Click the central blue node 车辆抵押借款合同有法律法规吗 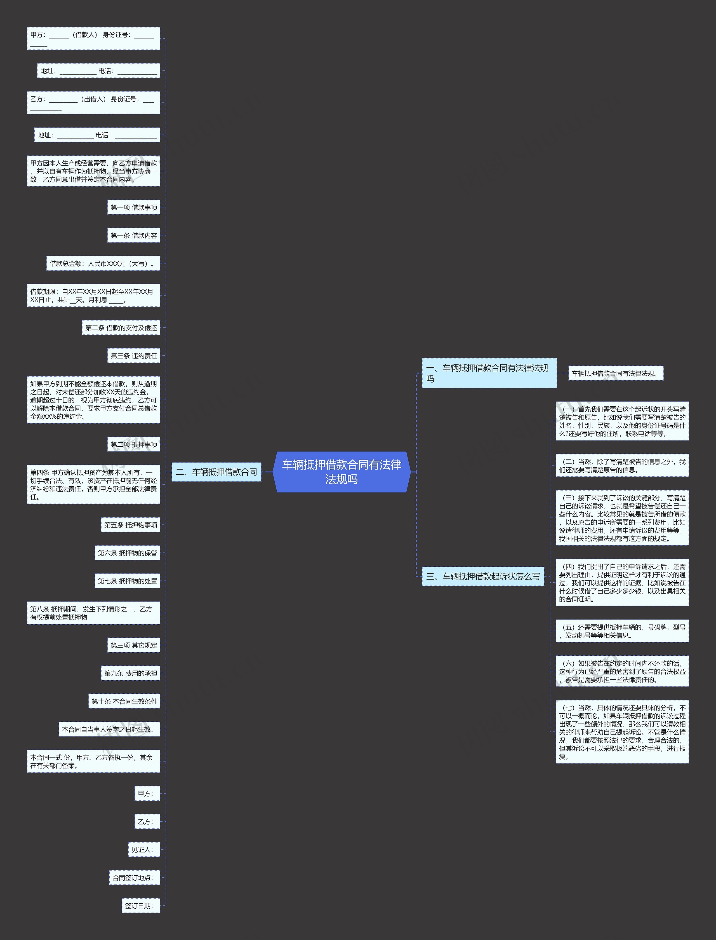click(x=341, y=472)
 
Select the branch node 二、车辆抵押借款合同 click(x=216, y=472)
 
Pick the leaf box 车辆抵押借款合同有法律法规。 click(x=615, y=373)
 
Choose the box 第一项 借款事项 click(x=133, y=207)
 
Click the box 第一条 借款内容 click(x=133, y=235)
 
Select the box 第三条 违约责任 click(x=133, y=356)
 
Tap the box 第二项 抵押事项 click(x=133, y=444)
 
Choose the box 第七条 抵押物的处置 click(x=127, y=581)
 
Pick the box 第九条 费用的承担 click(x=130, y=673)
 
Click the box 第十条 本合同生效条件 click(x=124, y=701)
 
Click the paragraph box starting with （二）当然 click(x=622, y=465)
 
